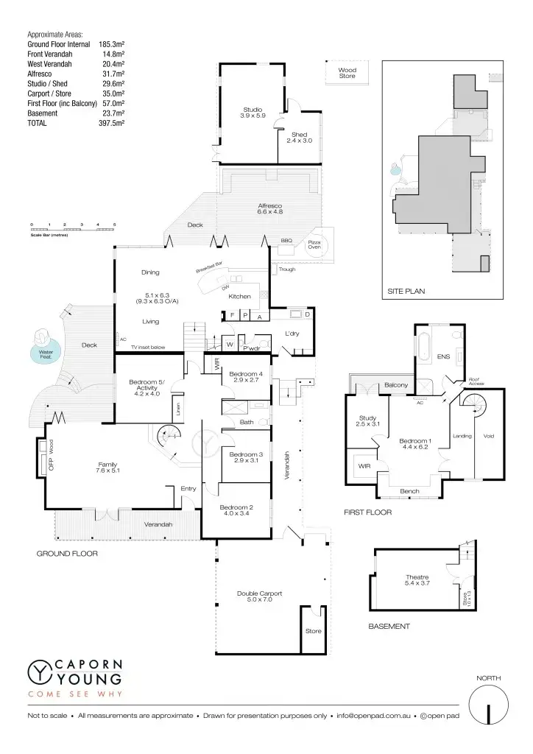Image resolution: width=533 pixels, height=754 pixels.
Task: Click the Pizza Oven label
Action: pyautogui.click(x=314, y=244)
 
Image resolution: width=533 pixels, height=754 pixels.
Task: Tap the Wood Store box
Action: pyautogui.click(x=347, y=73)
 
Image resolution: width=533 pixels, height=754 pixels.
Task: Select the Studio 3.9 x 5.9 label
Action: pyautogui.click(x=253, y=113)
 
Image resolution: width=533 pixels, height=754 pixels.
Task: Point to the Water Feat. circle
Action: pyautogui.click(x=42, y=348)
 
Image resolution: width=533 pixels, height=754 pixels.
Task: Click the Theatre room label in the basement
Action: pyautogui.click(x=417, y=579)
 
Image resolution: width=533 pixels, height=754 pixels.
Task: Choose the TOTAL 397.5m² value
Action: pyautogui.click(x=111, y=123)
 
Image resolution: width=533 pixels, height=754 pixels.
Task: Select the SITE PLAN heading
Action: pyautogui.click(x=406, y=292)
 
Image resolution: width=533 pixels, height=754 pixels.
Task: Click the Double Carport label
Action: pyautogui.click(x=259, y=596)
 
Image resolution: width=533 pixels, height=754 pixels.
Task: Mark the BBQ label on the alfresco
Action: pyautogui.click(x=286, y=241)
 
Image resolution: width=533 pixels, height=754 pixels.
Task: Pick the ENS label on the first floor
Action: pyautogui.click(x=442, y=356)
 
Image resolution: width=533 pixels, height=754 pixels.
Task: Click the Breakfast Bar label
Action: pyautogui.click(x=209, y=267)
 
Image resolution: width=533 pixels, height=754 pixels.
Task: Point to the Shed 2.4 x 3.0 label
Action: pyautogui.click(x=299, y=137)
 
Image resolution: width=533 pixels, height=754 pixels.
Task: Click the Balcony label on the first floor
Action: pyautogui.click(x=396, y=385)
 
